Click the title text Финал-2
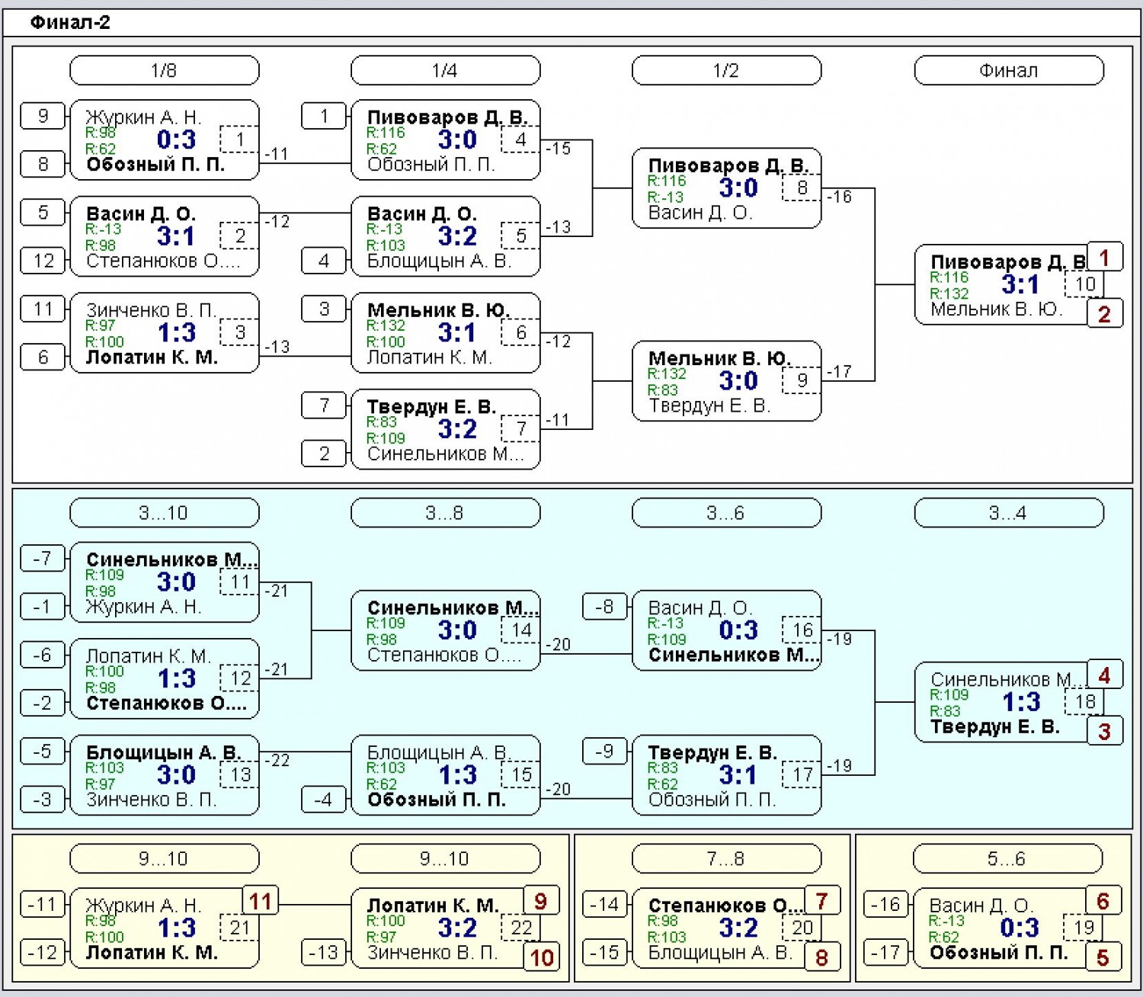tap(70, 22)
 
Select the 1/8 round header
tap(165, 70)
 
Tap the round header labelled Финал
tap(1009, 70)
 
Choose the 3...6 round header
tap(726, 512)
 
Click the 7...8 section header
tap(726, 858)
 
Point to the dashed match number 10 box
tap(1084, 284)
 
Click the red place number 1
tap(1104, 258)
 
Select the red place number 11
tap(260, 901)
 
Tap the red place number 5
tap(1103, 957)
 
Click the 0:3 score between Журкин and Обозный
tap(176, 139)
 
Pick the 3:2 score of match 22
tap(457, 928)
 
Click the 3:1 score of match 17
tap(738, 774)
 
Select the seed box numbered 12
tap(43, 261)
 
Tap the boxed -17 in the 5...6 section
tap(885, 952)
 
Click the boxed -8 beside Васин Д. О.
tap(604, 607)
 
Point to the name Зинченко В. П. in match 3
tap(151, 309)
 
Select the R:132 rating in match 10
tap(949, 293)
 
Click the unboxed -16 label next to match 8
tap(839, 196)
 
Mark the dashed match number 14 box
tap(520, 630)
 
